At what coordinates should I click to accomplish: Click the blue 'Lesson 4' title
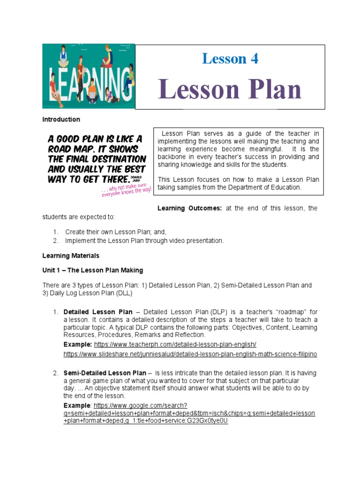(230, 59)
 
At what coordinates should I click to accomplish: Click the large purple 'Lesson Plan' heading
(230, 90)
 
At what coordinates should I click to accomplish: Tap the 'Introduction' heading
(61, 120)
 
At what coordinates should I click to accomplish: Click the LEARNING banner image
(89, 76)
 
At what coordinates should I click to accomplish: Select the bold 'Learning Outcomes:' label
(189, 208)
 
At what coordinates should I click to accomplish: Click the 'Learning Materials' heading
(71, 256)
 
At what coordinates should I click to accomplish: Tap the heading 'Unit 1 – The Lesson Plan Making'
(92, 270)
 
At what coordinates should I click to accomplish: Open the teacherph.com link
(175, 344)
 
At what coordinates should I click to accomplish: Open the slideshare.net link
(190, 354)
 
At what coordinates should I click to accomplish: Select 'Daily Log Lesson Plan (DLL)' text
(89, 293)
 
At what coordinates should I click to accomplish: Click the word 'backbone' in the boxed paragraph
(174, 157)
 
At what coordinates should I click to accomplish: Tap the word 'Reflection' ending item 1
(190, 335)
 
